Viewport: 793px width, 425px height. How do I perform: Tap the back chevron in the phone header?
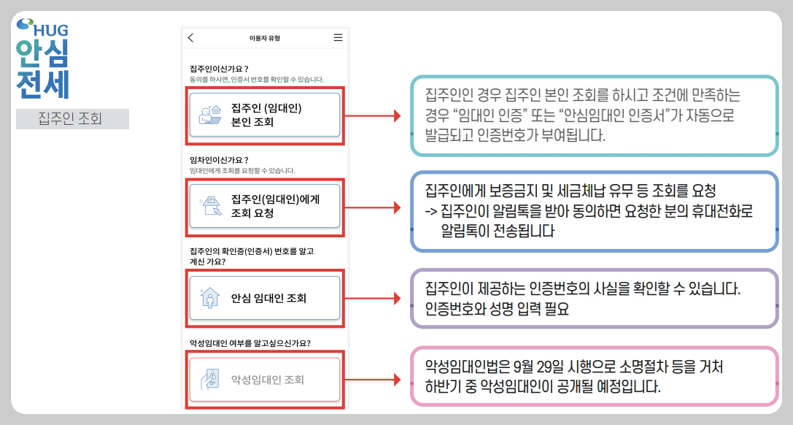click(191, 38)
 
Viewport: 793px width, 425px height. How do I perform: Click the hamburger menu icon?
click(338, 38)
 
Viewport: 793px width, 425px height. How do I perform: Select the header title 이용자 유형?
click(264, 38)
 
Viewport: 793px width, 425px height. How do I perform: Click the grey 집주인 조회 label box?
click(72, 119)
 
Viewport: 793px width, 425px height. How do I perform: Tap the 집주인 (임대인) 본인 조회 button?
click(264, 115)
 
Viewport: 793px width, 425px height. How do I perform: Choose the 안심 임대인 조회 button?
click(264, 298)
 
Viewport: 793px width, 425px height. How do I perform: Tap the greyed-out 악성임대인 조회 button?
click(264, 380)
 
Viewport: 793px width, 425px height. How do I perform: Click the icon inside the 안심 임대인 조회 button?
click(209, 298)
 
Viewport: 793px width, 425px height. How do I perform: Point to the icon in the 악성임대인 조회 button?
click(209, 380)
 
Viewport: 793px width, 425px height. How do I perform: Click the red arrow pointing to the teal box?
click(372, 115)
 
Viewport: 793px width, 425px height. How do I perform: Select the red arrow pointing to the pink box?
click(372, 380)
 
